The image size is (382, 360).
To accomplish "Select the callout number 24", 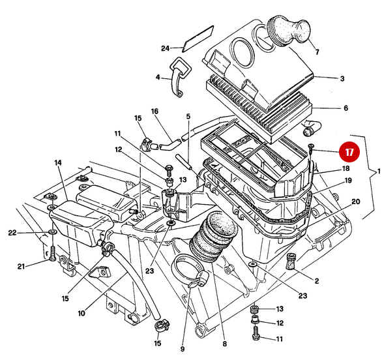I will [x=166, y=48].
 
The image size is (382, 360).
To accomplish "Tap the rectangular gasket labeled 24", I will [x=198, y=38].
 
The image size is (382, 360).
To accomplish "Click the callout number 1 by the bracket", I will [x=377, y=172].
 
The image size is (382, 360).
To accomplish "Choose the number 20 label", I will [x=356, y=202].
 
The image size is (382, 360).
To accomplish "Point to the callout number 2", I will [x=316, y=282].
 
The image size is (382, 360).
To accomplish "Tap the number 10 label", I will [x=81, y=313].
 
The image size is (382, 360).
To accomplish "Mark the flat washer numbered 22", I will [x=51, y=233].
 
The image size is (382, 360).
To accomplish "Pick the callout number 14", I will [x=57, y=162].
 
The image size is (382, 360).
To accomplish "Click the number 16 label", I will [x=154, y=112].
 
